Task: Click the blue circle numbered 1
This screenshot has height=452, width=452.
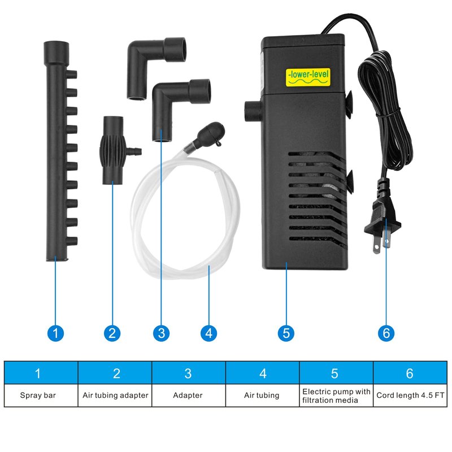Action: tap(55, 333)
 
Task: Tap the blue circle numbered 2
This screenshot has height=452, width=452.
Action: tap(112, 333)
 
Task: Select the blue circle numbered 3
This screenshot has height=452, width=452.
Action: tap(162, 333)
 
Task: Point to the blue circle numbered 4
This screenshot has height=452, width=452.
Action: tap(209, 333)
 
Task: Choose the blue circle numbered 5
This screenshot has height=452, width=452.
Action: tap(286, 333)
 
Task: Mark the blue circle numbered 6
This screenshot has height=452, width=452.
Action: tap(386, 333)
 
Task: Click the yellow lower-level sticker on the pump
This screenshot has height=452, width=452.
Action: tap(307, 76)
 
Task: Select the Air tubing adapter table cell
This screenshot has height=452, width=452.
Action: tap(115, 395)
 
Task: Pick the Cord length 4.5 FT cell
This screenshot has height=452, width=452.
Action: tap(410, 395)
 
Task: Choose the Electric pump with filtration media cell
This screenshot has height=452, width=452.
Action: tap(336, 395)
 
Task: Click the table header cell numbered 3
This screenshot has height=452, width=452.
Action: tap(188, 373)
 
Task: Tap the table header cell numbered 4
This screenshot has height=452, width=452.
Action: tap(262, 373)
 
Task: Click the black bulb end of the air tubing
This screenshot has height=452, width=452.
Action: tap(206, 133)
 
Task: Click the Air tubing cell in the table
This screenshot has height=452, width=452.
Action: tap(262, 395)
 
